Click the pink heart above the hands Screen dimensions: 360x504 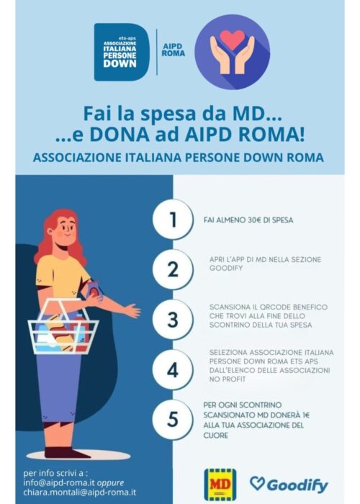pos(232,39)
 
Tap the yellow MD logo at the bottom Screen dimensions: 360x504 pos(220,485)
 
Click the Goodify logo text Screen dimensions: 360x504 pos(289,485)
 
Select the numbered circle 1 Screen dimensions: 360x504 pos(173,220)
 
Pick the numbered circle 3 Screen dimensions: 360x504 pos(173,320)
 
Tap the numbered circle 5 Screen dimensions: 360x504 pos(173,419)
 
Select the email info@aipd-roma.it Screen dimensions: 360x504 pos(59,483)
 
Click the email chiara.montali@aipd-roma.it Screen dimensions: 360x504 pos(79,492)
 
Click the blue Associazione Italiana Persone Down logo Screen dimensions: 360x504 pos(122,52)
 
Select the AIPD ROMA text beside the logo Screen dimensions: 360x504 pos(174,50)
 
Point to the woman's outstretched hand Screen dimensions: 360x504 pos(133,310)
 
